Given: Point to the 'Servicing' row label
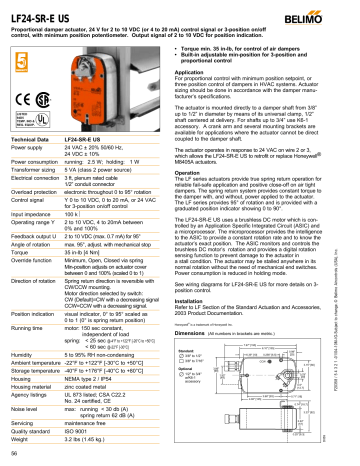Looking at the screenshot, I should (24, 423).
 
